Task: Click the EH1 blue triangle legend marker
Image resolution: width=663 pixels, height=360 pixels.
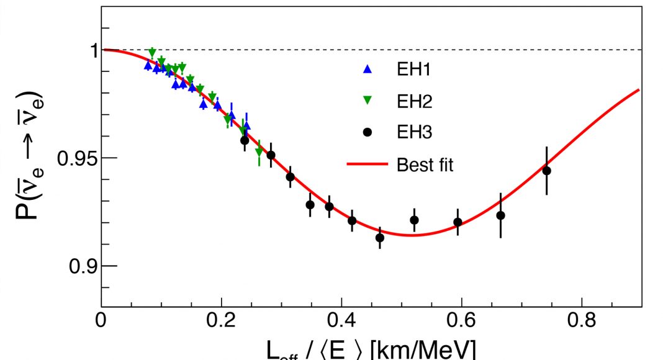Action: [368, 70]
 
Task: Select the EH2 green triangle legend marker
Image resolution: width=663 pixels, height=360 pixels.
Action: [368, 101]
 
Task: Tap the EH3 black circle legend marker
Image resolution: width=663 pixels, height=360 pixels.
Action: [368, 132]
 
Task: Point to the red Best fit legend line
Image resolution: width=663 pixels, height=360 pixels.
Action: [368, 164]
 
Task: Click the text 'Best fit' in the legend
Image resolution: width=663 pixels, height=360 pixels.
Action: [425, 165]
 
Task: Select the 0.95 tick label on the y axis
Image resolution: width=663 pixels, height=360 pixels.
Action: [77, 158]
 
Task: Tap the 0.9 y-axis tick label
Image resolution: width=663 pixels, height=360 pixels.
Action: [83, 266]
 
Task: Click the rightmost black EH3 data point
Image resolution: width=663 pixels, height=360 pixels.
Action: [546, 171]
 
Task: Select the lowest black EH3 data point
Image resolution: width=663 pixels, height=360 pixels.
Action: [380, 238]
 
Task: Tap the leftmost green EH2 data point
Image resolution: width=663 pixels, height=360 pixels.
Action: [152, 52]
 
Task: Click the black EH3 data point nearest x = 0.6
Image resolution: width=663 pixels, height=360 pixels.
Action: [458, 222]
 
